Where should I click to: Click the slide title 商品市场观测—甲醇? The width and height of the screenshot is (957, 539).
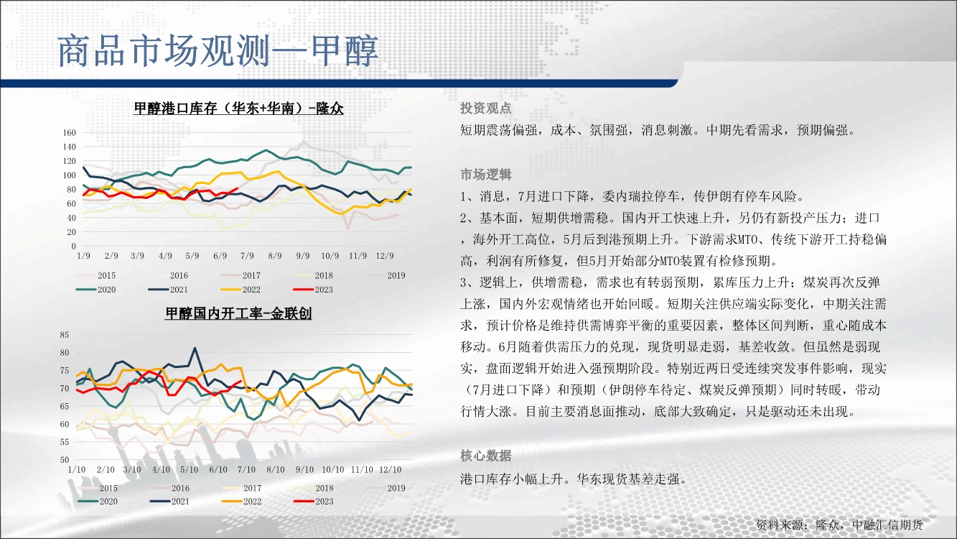coord(218,51)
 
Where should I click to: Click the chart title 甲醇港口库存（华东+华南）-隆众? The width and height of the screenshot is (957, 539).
coord(238,109)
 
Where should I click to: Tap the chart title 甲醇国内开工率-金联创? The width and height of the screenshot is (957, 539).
coord(238,313)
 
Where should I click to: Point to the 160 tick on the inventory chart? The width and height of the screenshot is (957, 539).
coord(69,133)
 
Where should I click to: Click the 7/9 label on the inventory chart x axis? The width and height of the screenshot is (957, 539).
coord(247,256)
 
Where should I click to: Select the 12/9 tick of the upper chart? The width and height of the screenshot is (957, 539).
coord(385,256)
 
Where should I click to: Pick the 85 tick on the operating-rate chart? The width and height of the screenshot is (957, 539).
coord(64,335)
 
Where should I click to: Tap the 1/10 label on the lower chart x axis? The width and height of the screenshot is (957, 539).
coord(77,470)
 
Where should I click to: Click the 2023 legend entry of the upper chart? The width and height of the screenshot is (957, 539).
coord(313,290)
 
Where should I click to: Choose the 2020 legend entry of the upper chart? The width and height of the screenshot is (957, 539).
coord(96,290)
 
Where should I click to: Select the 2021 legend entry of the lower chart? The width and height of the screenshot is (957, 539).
coord(169,502)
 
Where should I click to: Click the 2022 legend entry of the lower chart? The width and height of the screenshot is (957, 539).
coord(242,502)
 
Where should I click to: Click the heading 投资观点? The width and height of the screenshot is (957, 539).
coord(486,109)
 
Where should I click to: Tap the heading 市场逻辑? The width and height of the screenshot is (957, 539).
coord(486,175)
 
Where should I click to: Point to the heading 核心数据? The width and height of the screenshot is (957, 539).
coord(486,456)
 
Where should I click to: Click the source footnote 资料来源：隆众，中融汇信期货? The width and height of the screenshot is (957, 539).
coord(839,525)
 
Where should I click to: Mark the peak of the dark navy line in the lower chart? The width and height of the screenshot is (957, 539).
coord(195,348)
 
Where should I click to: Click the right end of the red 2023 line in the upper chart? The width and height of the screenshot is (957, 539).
coord(238,188)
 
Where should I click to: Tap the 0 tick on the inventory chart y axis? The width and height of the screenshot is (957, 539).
coord(73,247)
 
